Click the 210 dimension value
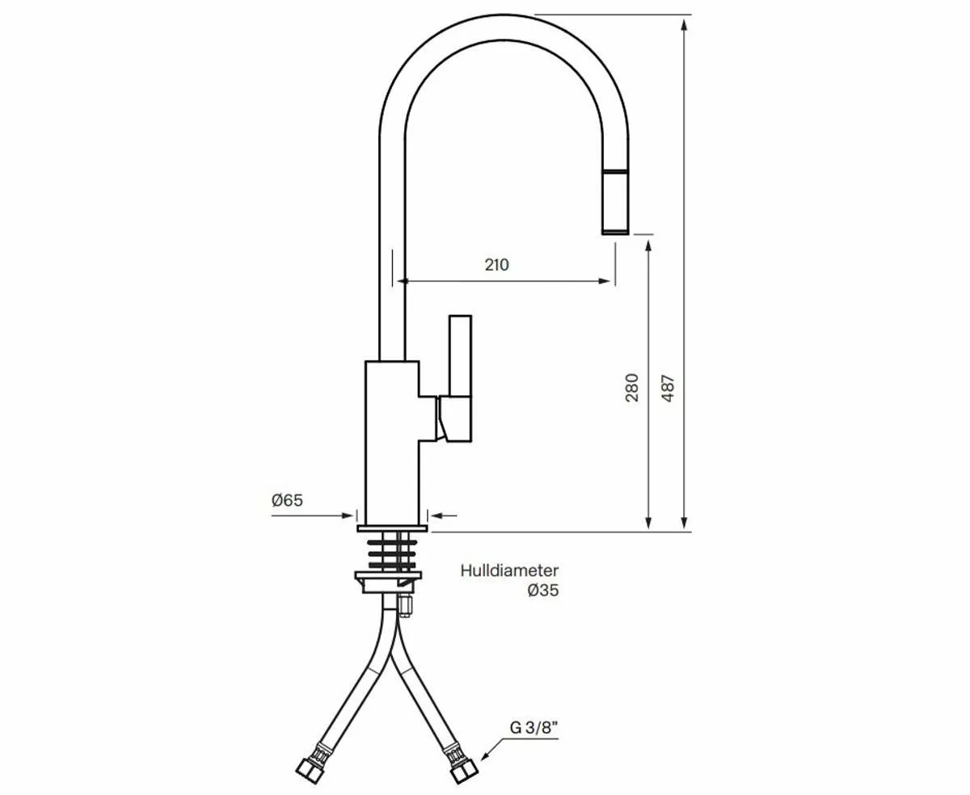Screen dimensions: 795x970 point(497,264)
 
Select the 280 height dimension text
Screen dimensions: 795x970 point(632,387)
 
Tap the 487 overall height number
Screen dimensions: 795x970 point(668,387)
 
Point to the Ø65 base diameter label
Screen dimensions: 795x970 point(287,500)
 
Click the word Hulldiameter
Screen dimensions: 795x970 point(509,571)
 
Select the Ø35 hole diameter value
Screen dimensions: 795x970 point(542,591)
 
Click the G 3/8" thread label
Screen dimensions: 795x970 point(534,726)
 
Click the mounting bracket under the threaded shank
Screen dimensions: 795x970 point(388,581)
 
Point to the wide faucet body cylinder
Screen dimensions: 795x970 point(391,440)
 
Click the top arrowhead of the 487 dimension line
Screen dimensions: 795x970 point(685,24)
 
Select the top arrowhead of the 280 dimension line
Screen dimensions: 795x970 point(648,244)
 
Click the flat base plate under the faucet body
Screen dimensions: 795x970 point(391,528)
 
